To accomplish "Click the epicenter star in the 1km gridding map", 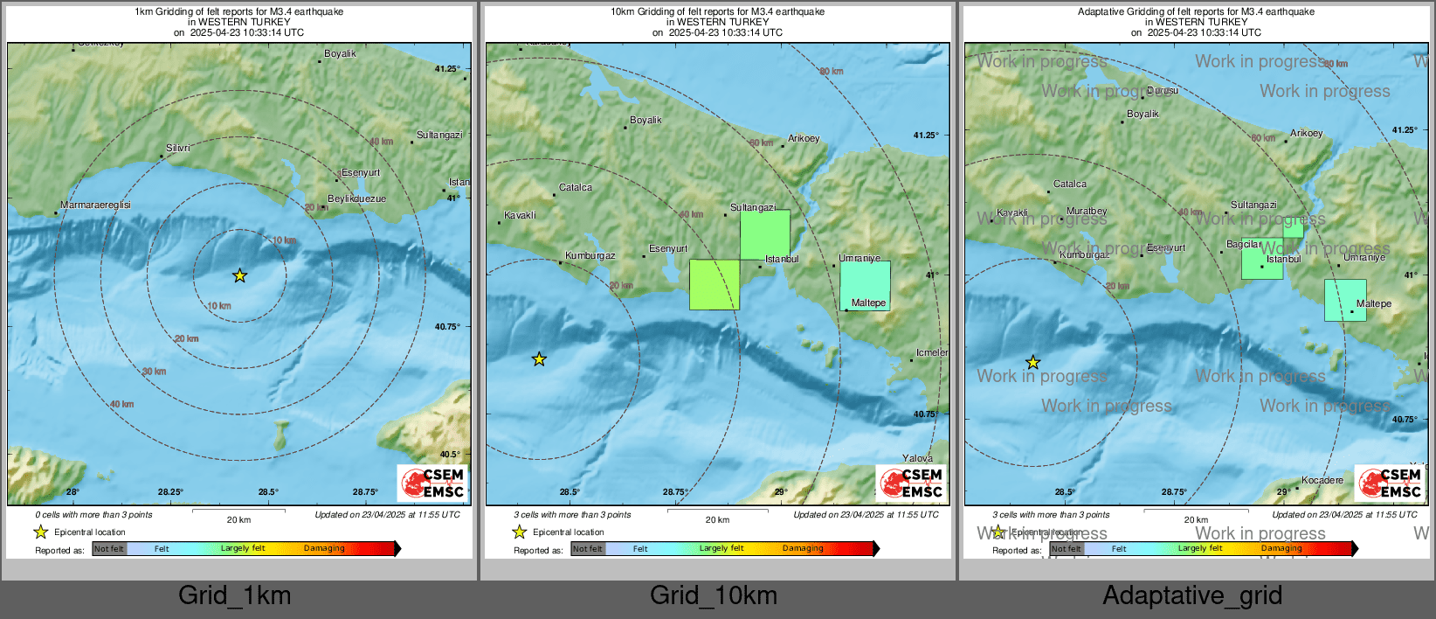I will [240, 276].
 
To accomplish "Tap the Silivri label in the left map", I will [178, 148].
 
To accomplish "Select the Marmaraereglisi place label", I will [96, 205].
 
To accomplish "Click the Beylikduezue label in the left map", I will [356, 198].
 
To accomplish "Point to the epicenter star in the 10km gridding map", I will [540, 359].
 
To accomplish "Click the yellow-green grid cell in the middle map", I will [715, 284].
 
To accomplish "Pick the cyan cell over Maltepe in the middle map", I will [865, 285].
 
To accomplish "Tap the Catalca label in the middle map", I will [576, 187].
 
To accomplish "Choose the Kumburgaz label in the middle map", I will [590, 255].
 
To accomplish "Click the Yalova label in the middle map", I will [917, 458].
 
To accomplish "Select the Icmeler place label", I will [932, 352].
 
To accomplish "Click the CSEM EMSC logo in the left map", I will [432, 483].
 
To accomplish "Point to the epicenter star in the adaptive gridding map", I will [1033, 363].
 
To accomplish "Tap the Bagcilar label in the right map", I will [1244, 244].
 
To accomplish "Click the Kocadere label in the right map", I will [1322, 480].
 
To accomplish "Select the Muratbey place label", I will [1087, 211].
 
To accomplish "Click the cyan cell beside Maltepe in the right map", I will [1345, 300].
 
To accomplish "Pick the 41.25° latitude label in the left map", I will [447, 68].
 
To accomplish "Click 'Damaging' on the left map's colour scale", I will [324, 548].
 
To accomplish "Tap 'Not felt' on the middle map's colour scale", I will [588, 549].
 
